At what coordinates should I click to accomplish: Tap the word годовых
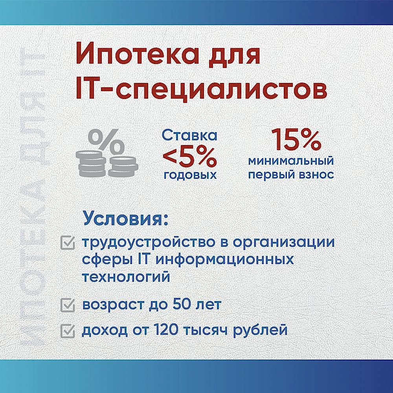pyautogui.click(x=190, y=174)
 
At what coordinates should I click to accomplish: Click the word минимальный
pyautogui.click(x=291, y=161)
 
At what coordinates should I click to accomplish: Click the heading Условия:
pyautogui.click(x=125, y=219)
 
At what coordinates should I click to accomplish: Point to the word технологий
pyautogui.click(x=126, y=277)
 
